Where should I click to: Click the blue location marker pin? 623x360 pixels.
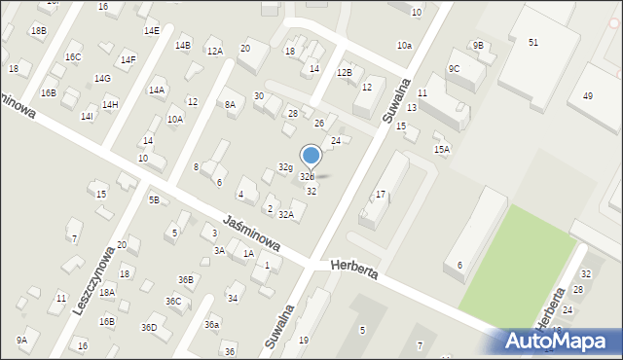tap(311, 156)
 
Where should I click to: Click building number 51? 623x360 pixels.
tap(533, 42)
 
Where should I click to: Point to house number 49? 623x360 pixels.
tap(587, 95)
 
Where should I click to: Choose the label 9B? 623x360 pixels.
tap(478, 45)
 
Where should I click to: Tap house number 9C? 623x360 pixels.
tap(454, 68)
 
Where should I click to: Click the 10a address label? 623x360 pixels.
tap(404, 46)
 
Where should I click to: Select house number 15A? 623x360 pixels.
tap(442, 149)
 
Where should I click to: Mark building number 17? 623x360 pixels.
tap(381, 195)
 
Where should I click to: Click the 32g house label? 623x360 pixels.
tap(285, 167)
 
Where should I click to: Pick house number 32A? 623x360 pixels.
tap(286, 214)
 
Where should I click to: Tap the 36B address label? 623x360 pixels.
tap(185, 279)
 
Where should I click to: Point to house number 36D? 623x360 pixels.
tap(149, 327)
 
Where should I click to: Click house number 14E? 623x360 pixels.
tap(152, 31)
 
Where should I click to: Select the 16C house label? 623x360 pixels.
tap(73, 57)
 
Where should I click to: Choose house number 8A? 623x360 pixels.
tap(230, 104)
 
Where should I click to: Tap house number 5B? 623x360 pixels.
tap(154, 199)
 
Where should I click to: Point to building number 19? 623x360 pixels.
tap(304, 340)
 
